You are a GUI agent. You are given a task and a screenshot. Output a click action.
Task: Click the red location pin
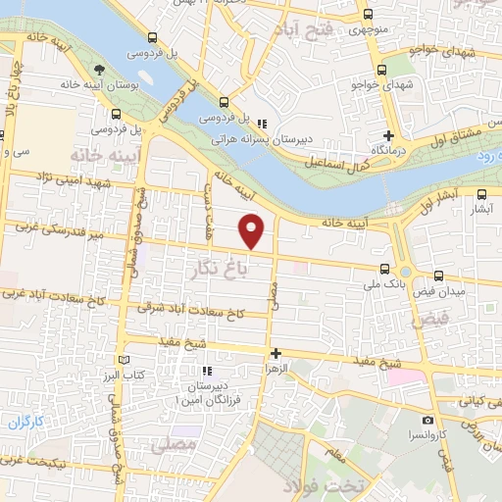click(252, 230)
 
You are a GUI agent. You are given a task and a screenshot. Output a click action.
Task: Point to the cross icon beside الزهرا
click(276, 353)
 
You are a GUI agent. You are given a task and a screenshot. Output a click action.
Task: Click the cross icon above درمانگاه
click(389, 135)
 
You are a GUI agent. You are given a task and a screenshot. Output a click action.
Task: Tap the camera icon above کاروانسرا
click(427, 420)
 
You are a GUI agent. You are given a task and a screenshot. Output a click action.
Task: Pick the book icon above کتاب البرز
click(124, 360)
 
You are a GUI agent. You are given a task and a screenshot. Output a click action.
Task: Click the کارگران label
click(29, 424)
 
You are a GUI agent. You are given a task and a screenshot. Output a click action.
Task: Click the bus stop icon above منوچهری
click(369, 15)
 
